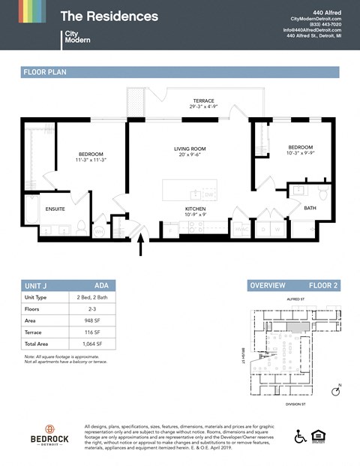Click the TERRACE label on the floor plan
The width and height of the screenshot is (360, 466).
click(203, 101)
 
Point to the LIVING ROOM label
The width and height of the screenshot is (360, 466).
click(190, 149)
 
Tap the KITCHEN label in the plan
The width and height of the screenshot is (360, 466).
click(196, 209)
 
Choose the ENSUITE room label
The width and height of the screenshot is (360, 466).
click(55, 209)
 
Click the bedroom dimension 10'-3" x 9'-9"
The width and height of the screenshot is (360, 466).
click(299, 153)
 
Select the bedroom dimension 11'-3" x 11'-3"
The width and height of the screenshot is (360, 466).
click(91, 160)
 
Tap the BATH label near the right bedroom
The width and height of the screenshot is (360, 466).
click(310, 208)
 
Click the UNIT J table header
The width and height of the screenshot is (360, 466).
click(37, 285)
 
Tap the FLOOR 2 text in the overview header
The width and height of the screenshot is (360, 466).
click(324, 285)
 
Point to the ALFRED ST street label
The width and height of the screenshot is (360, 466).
click(296, 299)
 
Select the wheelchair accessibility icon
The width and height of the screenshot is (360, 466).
click(300, 436)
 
